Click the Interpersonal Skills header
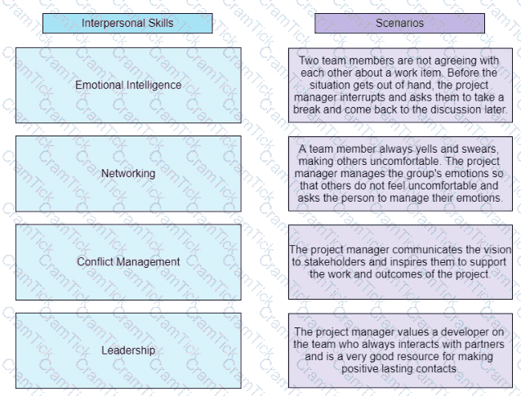click(x=127, y=23)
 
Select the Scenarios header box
click(x=399, y=23)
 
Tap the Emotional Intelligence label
click(x=128, y=85)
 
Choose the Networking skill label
click(x=128, y=173)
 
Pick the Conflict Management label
click(x=128, y=261)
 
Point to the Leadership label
click(x=128, y=350)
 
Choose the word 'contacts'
click(x=437, y=369)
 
